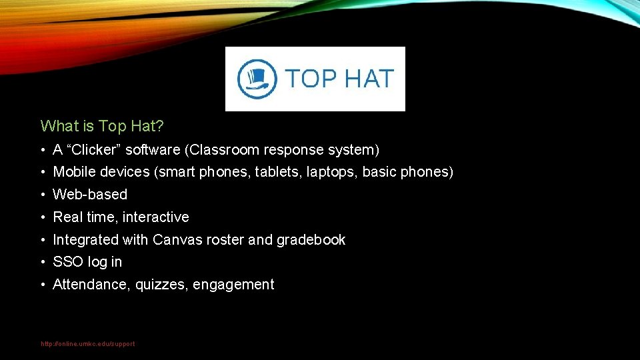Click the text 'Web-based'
90,195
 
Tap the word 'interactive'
156,217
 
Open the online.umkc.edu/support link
88,344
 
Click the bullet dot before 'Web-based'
42,195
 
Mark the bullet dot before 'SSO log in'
42,262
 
